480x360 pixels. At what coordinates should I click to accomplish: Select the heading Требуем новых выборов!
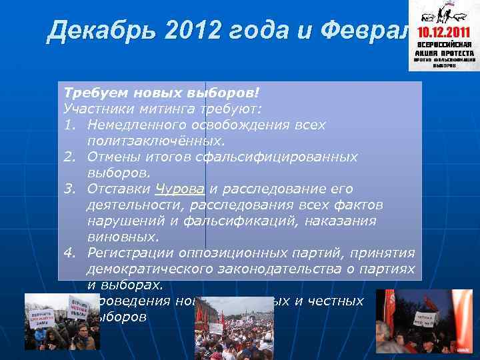(x=160, y=93)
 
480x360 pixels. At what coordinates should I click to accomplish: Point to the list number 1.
(x=69, y=125)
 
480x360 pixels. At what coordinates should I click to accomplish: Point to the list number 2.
(x=69, y=157)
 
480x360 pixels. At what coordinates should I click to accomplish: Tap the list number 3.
(x=69, y=189)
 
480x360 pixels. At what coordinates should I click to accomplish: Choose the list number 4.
(x=69, y=253)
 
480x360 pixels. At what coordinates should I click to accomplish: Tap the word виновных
(x=123, y=237)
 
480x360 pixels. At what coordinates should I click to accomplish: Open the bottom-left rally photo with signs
(x=62, y=321)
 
